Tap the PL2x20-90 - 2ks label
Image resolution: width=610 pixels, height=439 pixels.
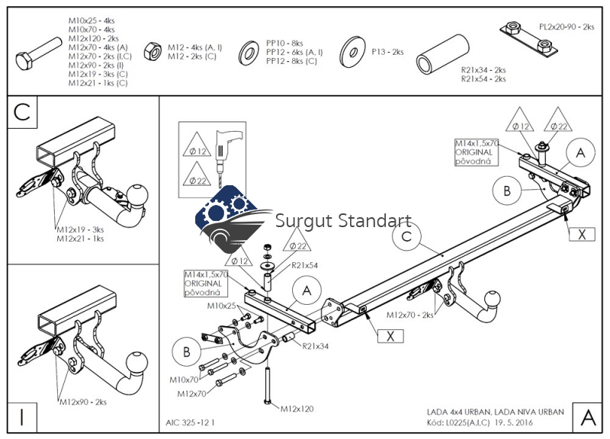coord(566,27)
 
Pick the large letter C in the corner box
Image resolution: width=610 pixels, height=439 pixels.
coord(22,112)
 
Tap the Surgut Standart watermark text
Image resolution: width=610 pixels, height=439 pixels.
coord(343,222)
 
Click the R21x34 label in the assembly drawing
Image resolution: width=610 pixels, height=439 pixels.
coord(314,347)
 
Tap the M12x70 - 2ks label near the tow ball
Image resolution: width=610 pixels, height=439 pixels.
coord(409,314)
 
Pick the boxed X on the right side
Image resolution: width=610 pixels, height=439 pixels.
coord(582,233)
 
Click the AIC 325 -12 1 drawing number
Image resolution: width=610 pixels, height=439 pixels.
coord(190,421)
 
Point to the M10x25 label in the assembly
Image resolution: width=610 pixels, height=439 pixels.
coord(222,306)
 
